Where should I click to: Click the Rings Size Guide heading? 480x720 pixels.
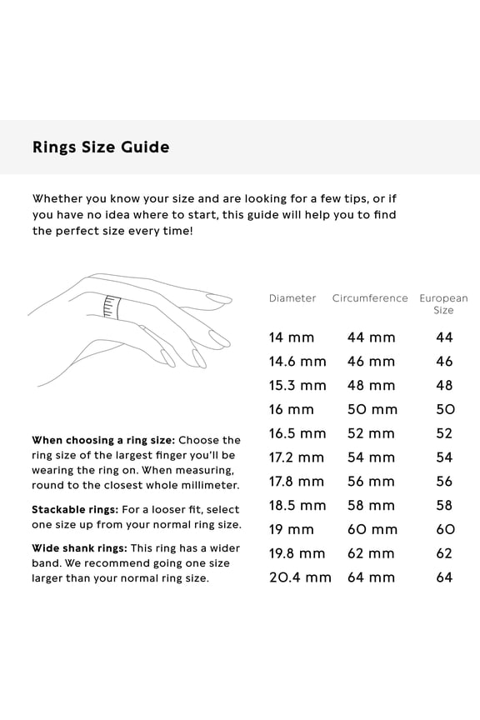pos(101,147)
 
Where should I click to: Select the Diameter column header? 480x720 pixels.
pos(292,298)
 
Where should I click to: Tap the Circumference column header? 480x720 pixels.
pos(370,298)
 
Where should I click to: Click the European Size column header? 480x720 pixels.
pos(443,304)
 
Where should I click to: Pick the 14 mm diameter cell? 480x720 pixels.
pos(292,337)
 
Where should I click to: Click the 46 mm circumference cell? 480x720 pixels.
pos(371,362)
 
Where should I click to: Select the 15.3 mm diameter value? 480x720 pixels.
pos(297,386)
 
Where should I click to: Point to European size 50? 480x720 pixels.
pos(445,409)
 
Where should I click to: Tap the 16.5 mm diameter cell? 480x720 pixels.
pos(297,433)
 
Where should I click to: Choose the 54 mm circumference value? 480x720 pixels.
pos(371,457)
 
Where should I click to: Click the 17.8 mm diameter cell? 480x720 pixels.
pos(297,482)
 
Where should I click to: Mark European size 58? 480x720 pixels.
pos(445,505)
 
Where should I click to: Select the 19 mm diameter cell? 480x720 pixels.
pos(292,529)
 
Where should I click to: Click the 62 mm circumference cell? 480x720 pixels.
pos(371,553)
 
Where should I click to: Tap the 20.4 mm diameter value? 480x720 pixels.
pos(300,577)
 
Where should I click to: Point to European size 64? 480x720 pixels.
pos(445,577)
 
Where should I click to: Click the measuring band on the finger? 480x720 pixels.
pos(111,307)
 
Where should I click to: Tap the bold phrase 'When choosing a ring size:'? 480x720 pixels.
pos(103,440)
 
